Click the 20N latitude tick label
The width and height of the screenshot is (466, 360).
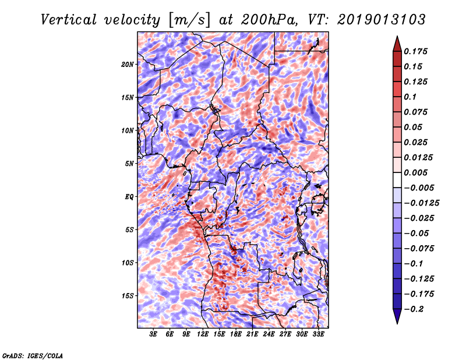click(x=128, y=65)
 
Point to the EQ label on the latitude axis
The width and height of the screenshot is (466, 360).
click(x=129, y=197)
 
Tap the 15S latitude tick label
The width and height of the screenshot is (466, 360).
click(x=128, y=296)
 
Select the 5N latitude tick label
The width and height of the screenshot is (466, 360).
click(x=129, y=164)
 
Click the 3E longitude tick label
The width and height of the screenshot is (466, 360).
click(x=153, y=334)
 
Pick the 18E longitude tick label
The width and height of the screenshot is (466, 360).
click(x=235, y=334)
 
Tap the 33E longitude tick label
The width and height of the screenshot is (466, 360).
click(x=318, y=334)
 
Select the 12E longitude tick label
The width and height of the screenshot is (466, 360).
click(x=202, y=334)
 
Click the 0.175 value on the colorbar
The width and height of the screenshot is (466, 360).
click(x=415, y=51)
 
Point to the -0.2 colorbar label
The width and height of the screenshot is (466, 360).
click(x=414, y=309)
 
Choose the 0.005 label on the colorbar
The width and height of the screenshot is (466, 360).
click(x=415, y=172)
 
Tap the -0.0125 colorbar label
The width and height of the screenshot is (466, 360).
click(x=421, y=203)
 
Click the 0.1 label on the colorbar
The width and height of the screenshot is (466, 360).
click(x=410, y=97)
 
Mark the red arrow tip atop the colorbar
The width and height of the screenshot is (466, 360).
click(x=397, y=36)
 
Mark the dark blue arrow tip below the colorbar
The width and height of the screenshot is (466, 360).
click(x=397, y=323)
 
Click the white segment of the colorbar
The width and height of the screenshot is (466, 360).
click(x=397, y=180)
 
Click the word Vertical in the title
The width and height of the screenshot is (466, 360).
click(x=69, y=20)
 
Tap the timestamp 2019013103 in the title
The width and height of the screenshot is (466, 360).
click(x=382, y=20)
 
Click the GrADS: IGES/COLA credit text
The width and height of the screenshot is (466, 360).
click(x=33, y=356)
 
